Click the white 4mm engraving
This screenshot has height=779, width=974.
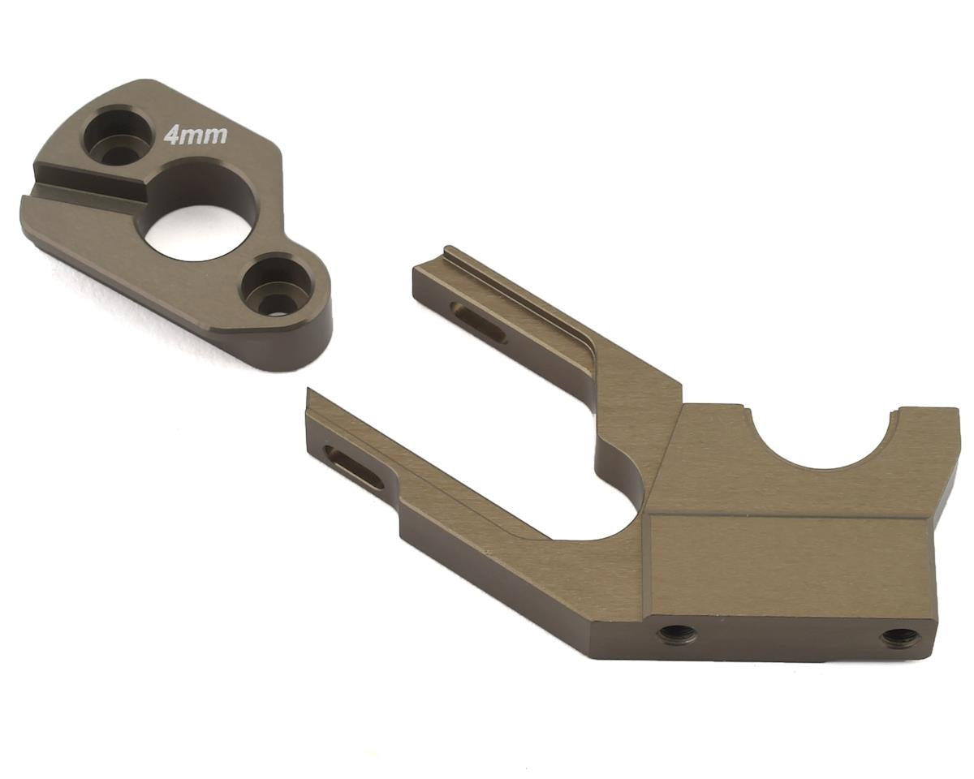(x=195, y=134)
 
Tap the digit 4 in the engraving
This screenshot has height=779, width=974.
(x=172, y=135)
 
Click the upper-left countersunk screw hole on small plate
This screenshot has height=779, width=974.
(x=119, y=136)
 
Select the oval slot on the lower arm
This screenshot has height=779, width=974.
(x=354, y=467)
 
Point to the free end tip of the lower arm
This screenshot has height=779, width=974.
(x=312, y=406)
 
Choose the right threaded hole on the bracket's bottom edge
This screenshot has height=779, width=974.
(x=900, y=638)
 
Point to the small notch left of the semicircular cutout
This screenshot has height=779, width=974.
(x=743, y=406)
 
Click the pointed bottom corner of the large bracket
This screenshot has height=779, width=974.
(x=597, y=653)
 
